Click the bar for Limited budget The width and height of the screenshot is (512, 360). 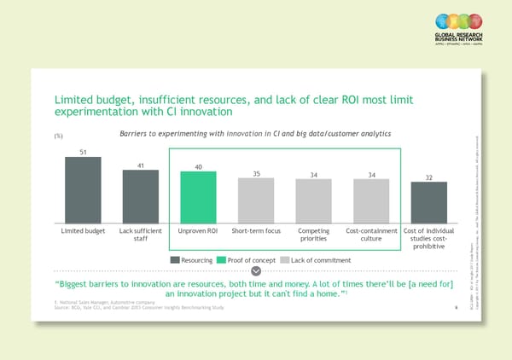(83, 189)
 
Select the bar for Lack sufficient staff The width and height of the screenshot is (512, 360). (140, 196)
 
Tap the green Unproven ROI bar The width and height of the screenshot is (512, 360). (197, 197)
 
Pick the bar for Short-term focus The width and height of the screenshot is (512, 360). (255, 200)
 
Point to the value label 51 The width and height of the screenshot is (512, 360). (83, 152)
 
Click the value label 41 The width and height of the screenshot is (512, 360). (140, 165)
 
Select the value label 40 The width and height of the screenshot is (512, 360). (198, 166)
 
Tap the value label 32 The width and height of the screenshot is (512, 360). (428, 177)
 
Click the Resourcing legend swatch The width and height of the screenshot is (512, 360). (174, 259)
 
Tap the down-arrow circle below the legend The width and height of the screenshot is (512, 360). (256, 271)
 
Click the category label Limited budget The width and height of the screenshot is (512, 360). (83, 231)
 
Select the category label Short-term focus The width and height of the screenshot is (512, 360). (255, 231)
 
